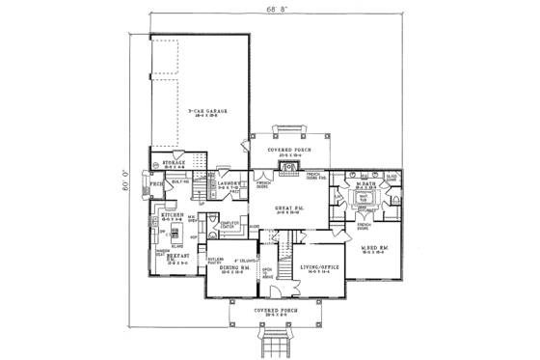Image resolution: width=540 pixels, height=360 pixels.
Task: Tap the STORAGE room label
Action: (x=174, y=165)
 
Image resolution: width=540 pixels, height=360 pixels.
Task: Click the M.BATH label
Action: (x=364, y=182)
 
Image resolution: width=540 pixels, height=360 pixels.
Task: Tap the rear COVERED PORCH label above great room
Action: (x=287, y=149)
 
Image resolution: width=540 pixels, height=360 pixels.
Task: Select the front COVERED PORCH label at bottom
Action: (x=270, y=312)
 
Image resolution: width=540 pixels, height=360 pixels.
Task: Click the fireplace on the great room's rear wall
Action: (x=287, y=166)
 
